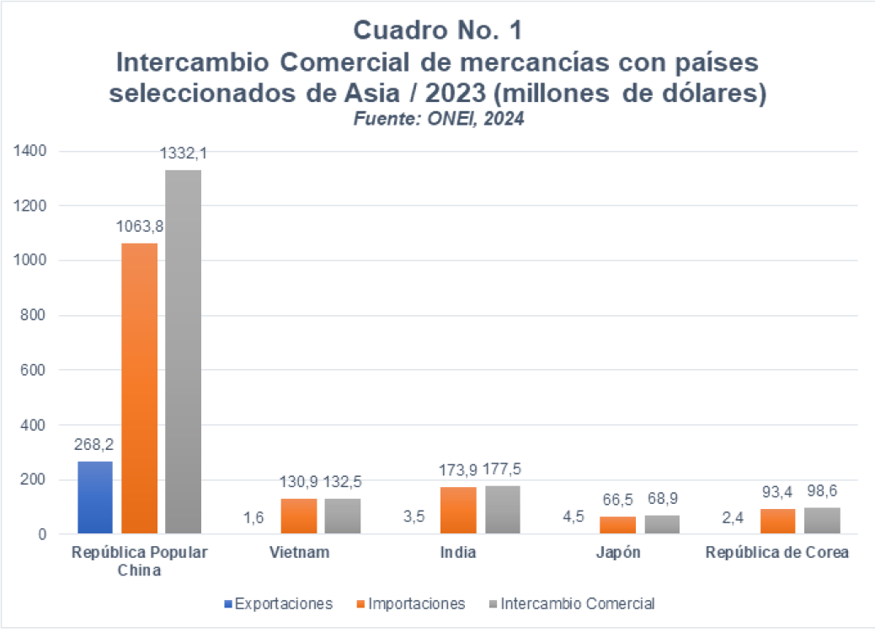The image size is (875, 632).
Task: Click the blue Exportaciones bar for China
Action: click(x=94, y=497)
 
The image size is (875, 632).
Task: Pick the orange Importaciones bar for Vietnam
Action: click(x=299, y=516)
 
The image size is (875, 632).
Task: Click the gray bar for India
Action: click(x=503, y=510)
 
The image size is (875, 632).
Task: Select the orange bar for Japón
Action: click(x=617, y=525)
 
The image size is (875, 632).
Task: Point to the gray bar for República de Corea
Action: click(x=822, y=521)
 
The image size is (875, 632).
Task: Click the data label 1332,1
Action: click(x=184, y=154)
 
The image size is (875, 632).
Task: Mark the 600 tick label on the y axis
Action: click(x=31, y=370)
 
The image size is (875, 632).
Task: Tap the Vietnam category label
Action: click(x=299, y=554)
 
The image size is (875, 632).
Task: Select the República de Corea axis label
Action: click(x=778, y=554)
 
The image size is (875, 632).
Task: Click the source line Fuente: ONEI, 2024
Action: click(x=437, y=119)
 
